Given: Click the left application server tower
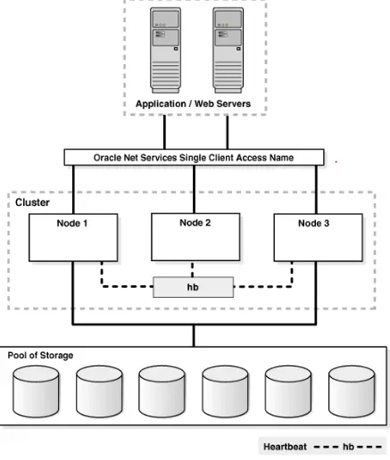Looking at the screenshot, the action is [165, 50].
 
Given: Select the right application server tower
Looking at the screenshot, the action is [228, 50].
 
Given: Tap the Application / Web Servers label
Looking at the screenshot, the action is [193, 103].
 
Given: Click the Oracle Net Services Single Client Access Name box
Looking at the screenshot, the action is [194, 157].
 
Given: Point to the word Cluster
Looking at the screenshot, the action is [32, 202].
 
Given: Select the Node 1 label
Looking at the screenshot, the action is [72, 223].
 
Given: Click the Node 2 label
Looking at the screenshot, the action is [195, 223].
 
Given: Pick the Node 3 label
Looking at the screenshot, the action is [314, 223].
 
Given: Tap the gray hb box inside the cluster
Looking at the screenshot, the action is [194, 287].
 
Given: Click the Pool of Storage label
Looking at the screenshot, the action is [40, 356].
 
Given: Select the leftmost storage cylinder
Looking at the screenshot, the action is [36, 391].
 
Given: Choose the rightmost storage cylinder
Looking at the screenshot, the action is [352, 391].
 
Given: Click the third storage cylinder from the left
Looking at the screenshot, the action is [162, 391].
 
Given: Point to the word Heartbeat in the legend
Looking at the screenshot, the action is [285, 447].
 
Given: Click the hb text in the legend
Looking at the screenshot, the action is [348, 447].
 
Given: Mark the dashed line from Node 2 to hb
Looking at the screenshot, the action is [193, 269].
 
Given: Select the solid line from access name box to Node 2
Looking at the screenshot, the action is [195, 189].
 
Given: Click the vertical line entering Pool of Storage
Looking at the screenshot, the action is [194, 336].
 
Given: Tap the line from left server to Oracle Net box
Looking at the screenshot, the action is [164, 132].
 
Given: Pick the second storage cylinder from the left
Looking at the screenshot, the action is [99, 391].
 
